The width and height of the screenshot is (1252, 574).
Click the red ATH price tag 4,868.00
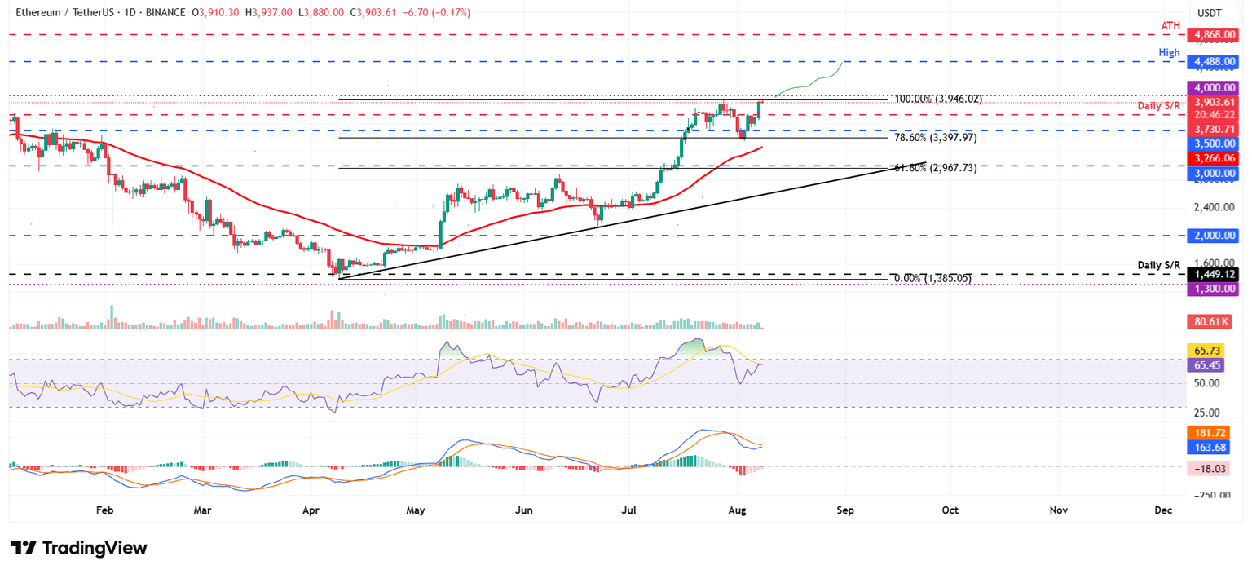pyautogui.click(x=1214, y=35)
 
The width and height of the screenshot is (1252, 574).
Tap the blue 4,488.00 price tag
pyautogui.click(x=1214, y=62)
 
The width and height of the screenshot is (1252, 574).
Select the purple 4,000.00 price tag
pyautogui.click(x=1214, y=87)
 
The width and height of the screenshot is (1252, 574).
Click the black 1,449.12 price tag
pyautogui.click(x=1214, y=275)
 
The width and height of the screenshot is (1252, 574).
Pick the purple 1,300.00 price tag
pyautogui.click(x=1214, y=289)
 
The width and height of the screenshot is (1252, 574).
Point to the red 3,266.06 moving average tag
pyautogui.click(x=1214, y=158)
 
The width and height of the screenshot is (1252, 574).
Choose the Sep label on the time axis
pyautogui.click(x=844, y=510)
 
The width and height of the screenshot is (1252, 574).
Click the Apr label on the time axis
pyautogui.click(x=311, y=510)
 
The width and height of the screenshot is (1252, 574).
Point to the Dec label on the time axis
pyautogui.click(x=1163, y=510)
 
